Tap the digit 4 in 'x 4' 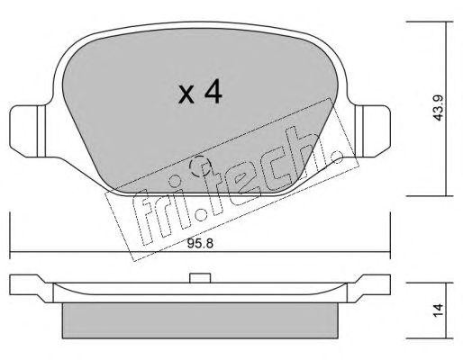[212, 92]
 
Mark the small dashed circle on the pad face [201, 166]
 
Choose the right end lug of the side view [374, 287]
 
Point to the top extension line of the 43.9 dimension [423, 22]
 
